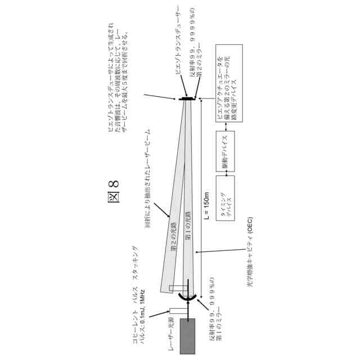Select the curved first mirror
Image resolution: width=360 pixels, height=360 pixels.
click(x=187, y=296)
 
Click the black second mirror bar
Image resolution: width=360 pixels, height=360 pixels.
click(x=186, y=98)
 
